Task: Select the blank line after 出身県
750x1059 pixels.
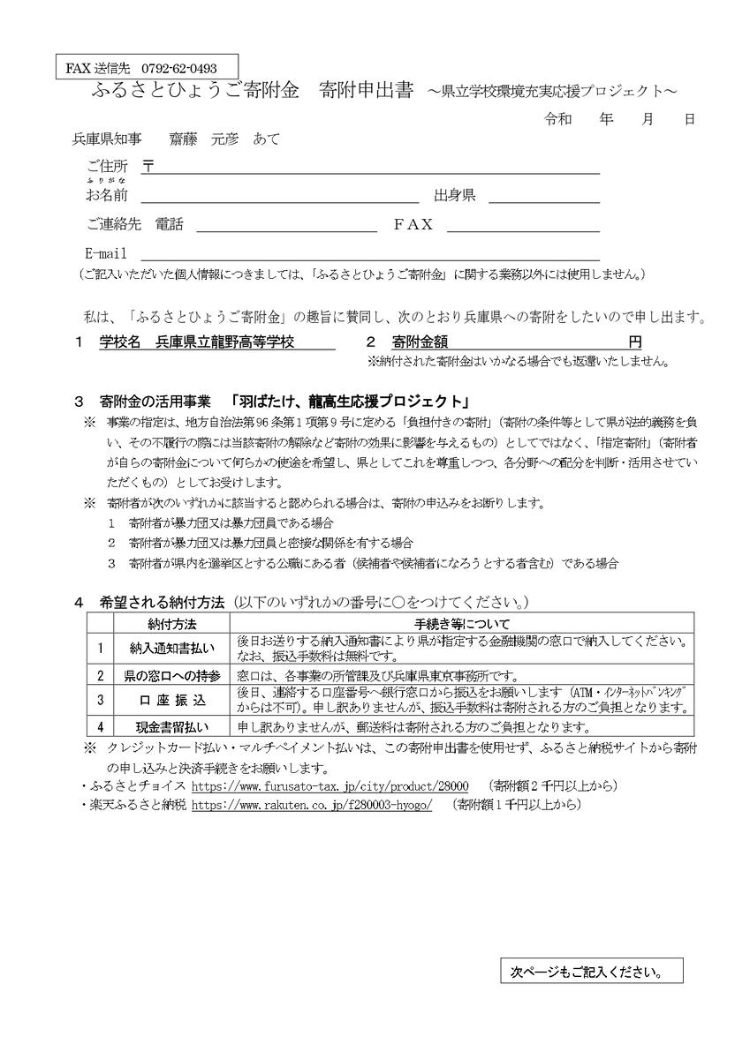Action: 543,195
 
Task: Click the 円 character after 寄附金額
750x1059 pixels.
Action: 635,342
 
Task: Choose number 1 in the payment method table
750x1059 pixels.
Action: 100,648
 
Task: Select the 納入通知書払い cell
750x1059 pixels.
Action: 172,648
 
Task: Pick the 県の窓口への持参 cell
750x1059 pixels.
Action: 172,675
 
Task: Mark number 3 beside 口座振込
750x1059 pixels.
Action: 100,700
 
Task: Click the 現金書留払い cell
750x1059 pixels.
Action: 172,727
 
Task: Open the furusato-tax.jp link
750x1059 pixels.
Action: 330,785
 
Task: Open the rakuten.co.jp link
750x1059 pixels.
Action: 311,805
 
